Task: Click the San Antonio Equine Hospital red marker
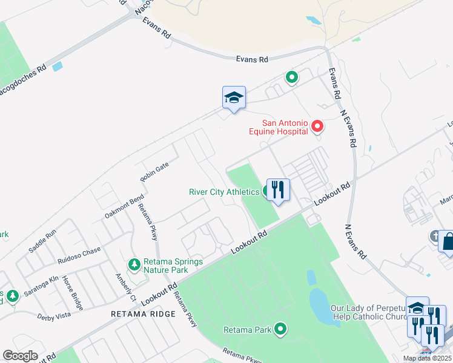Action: click(317, 126)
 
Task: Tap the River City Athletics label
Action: click(224, 192)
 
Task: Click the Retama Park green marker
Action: click(280, 329)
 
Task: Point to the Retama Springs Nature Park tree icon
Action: click(134, 264)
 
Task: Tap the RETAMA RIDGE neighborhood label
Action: click(143, 314)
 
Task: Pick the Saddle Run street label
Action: click(42, 240)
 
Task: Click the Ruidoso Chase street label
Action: click(79, 255)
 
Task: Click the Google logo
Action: click(21, 356)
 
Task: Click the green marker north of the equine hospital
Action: click(291, 77)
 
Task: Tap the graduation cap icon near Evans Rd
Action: click(234, 97)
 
